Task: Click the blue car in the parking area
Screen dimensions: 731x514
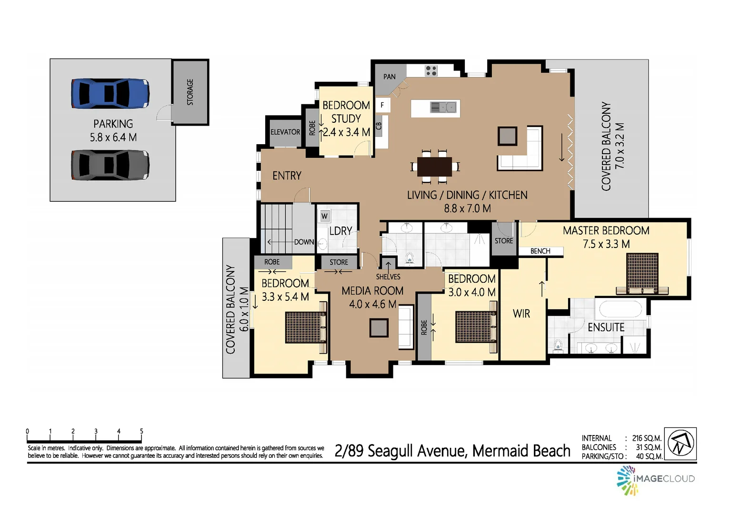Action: click(110, 93)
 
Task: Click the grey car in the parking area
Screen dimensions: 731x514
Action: click(110, 165)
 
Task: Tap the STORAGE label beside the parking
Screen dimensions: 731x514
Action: click(190, 92)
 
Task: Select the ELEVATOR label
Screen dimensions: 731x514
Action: click(285, 132)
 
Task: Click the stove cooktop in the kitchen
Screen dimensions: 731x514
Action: click(431, 71)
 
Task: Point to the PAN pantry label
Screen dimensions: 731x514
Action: click(390, 77)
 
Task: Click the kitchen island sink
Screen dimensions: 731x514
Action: click(443, 107)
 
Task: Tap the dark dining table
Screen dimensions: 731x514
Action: click(434, 167)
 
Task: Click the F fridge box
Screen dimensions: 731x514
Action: click(382, 105)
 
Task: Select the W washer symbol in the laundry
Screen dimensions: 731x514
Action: click(324, 216)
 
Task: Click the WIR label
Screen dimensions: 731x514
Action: click(521, 314)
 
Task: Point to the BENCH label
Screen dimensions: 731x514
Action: click(540, 251)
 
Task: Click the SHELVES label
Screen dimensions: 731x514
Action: click(388, 277)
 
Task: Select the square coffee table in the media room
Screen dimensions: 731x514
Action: click(379, 328)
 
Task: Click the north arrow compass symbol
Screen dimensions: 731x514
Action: click(681, 444)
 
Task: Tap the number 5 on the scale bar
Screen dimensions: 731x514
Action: click(141, 431)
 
